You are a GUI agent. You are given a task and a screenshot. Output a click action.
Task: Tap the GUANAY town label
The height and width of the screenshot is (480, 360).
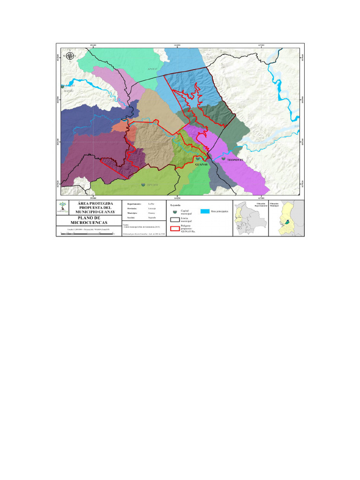click(x=201, y=165)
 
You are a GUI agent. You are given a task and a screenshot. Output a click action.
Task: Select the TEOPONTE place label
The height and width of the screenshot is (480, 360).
click(x=235, y=160)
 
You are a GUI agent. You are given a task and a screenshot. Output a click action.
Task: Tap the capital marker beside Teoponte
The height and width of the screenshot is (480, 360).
click(x=223, y=159)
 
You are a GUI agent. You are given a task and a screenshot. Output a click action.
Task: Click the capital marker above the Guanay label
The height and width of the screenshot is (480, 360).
click(x=198, y=159)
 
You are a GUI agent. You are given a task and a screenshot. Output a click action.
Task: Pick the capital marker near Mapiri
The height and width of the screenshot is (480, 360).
click(x=63, y=86)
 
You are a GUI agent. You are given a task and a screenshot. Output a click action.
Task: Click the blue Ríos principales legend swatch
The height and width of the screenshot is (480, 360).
click(x=204, y=212)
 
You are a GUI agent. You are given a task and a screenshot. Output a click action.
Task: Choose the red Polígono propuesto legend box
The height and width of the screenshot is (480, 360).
click(x=175, y=229)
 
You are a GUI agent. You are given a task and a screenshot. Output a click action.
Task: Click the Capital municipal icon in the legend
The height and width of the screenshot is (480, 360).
click(x=175, y=212)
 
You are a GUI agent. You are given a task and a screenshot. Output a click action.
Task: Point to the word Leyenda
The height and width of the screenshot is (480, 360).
click(x=176, y=205)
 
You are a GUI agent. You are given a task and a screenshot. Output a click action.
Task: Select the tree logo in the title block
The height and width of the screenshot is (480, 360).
click(x=62, y=207)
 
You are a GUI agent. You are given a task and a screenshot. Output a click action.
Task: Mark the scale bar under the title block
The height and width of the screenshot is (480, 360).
click(x=88, y=233)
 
